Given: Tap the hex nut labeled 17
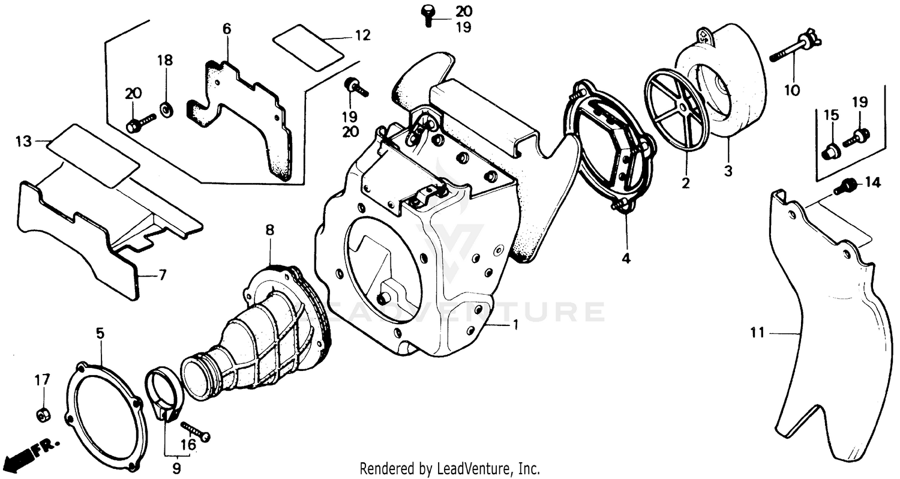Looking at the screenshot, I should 43,414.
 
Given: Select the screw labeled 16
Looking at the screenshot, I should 195,431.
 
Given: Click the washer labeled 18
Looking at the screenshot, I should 166,109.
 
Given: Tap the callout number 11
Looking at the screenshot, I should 758,332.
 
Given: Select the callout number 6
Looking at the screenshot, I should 226,28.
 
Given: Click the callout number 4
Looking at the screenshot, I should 626,259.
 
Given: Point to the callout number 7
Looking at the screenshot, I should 162,276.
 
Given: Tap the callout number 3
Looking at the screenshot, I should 728,171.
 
